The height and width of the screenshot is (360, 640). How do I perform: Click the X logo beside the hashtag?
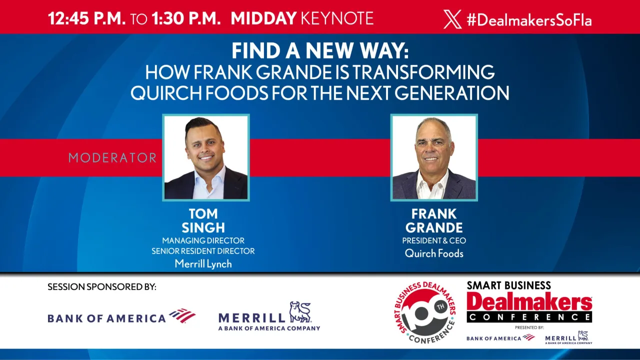tap(452, 19)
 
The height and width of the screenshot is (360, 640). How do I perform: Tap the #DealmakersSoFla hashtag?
tap(529, 20)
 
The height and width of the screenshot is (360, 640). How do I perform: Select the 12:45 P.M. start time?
tap(86, 19)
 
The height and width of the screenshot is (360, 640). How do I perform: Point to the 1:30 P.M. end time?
tap(186, 19)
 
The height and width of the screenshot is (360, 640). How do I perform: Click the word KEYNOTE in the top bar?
tap(337, 19)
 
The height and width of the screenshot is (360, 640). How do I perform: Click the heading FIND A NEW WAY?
tap(320, 51)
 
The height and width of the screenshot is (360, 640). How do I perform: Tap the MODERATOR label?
tap(112, 158)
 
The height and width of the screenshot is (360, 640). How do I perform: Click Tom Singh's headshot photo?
tap(206, 157)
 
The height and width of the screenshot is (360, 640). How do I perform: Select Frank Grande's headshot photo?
tap(434, 157)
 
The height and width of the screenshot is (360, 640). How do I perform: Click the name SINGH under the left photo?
tap(203, 228)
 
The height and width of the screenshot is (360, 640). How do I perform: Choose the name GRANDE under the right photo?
tap(434, 228)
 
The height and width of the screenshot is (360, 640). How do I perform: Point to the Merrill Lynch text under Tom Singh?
tap(203, 264)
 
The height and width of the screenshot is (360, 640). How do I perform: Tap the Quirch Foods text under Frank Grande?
tap(434, 253)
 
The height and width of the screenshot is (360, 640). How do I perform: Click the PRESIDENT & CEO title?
tap(434, 241)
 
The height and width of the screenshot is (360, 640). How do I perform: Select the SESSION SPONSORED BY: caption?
tap(102, 287)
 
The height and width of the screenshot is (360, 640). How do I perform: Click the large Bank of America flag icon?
tap(182, 316)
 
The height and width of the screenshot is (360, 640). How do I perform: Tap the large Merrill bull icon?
tap(300, 312)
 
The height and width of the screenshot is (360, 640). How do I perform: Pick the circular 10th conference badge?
tap(424, 312)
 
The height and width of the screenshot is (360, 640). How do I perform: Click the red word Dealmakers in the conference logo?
tap(529, 302)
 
